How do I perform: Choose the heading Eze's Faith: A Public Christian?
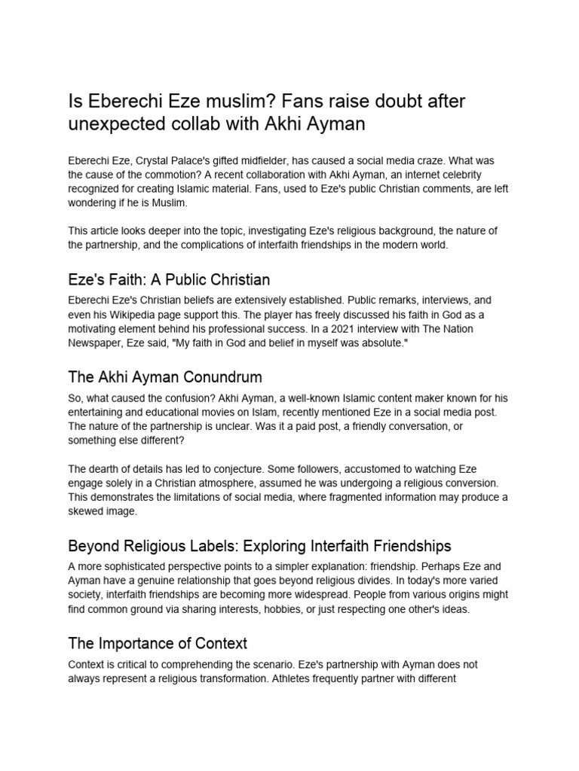pyautogui.click(x=169, y=280)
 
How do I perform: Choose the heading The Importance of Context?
pyautogui.click(x=158, y=643)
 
